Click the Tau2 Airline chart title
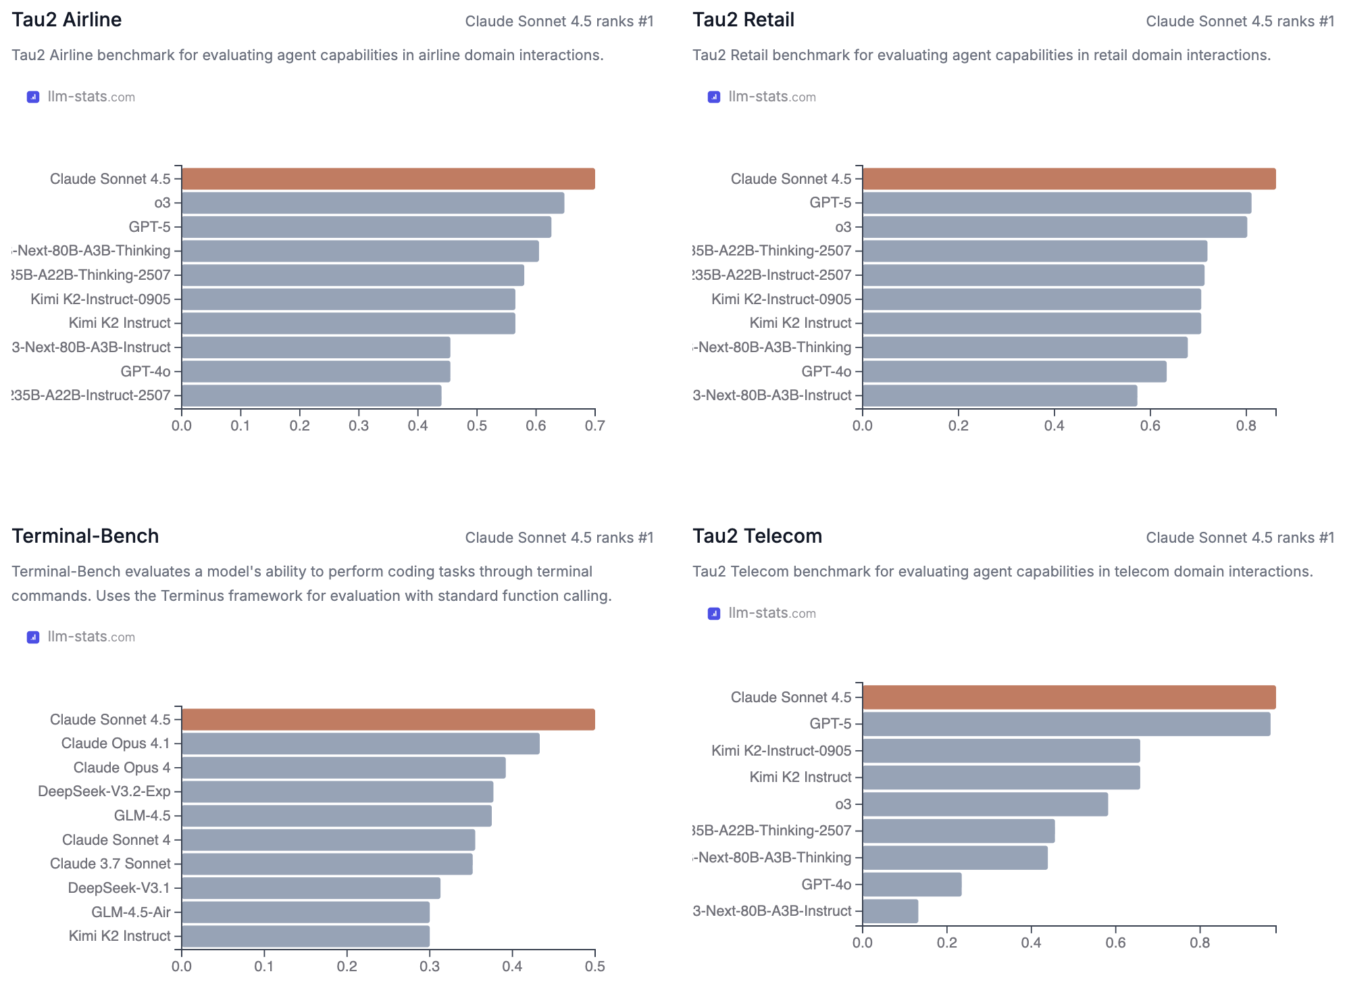click(x=66, y=20)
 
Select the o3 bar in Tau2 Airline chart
click(x=372, y=203)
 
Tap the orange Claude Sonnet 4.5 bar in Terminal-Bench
click(x=388, y=719)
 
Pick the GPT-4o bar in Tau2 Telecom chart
click(x=911, y=884)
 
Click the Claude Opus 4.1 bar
click(x=360, y=743)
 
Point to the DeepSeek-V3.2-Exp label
click(x=104, y=791)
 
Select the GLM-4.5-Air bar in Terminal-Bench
click(x=305, y=912)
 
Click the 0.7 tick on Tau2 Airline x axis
click(x=594, y=426)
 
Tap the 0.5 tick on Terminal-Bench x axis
click(x=594, y=967)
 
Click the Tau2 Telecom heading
click(x=757, y=536)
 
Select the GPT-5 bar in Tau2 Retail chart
click(x=1056, y=203)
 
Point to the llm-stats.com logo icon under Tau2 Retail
click(x=713, y=97)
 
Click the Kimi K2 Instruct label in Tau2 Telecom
click(x=800, y=777)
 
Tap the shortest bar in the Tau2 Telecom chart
click(x=890, y=911)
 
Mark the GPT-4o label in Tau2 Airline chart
click(x=145, y=371)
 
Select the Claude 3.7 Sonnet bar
click(x=327, y=864)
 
